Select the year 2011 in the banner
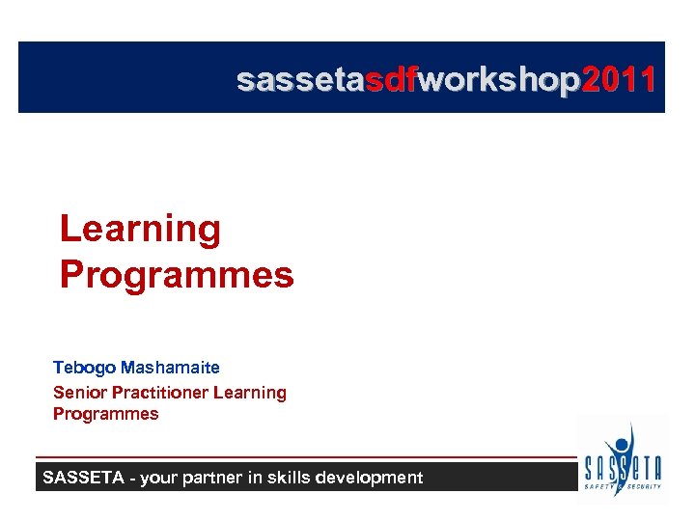[x=621, y=79]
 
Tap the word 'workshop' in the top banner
[x=498, y=79]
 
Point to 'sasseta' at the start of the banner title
[x=300, y=79]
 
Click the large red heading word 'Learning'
[x=140, y=229]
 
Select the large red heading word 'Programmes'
[x=177, y=275]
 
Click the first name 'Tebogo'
[x=84, y=368]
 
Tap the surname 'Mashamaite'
[x=170, y=368]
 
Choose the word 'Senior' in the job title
[x=80, y=393]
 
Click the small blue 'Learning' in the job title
[x=250, y=393]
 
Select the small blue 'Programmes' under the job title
[x=105, y=414]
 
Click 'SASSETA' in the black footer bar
[x=82, y=478]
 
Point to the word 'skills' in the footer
[x=290, y=478]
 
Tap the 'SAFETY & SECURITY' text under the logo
[x=623, y=486]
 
